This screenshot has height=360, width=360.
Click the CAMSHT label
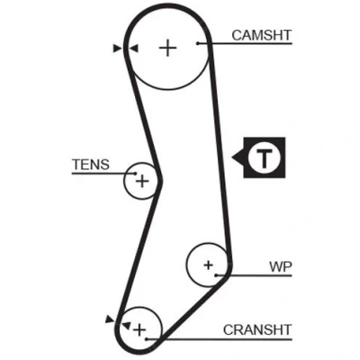coord(262,35)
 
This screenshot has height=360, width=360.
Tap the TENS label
coord(91,165)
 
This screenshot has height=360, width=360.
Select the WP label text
coord(281,266)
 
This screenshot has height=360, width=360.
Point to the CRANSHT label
coord(257,330)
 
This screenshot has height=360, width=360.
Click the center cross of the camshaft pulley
coord(167,48)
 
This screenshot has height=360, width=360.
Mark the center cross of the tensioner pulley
coord(142,181)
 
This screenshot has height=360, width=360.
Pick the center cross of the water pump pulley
coord(208,265)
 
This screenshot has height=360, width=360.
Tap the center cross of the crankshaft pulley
coord(139,329)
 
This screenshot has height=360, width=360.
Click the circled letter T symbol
coord(265,157)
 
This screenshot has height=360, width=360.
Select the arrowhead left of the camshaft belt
coord(117,49)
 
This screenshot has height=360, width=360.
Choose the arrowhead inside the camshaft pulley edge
coord(134,49)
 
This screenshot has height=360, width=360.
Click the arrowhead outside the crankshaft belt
coord(110,319)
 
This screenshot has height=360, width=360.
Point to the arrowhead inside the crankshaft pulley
coord(126,325)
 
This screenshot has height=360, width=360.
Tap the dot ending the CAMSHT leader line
coord(198,43)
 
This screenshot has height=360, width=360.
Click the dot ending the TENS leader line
coord(136,174)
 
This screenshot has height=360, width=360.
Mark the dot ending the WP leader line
coord(216,275)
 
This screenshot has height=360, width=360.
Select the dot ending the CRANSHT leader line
coord(147,339)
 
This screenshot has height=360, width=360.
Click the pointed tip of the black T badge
coord(232,157)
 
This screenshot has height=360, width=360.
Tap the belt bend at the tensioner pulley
coord(160,181)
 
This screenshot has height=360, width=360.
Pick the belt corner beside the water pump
coord(229,267)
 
